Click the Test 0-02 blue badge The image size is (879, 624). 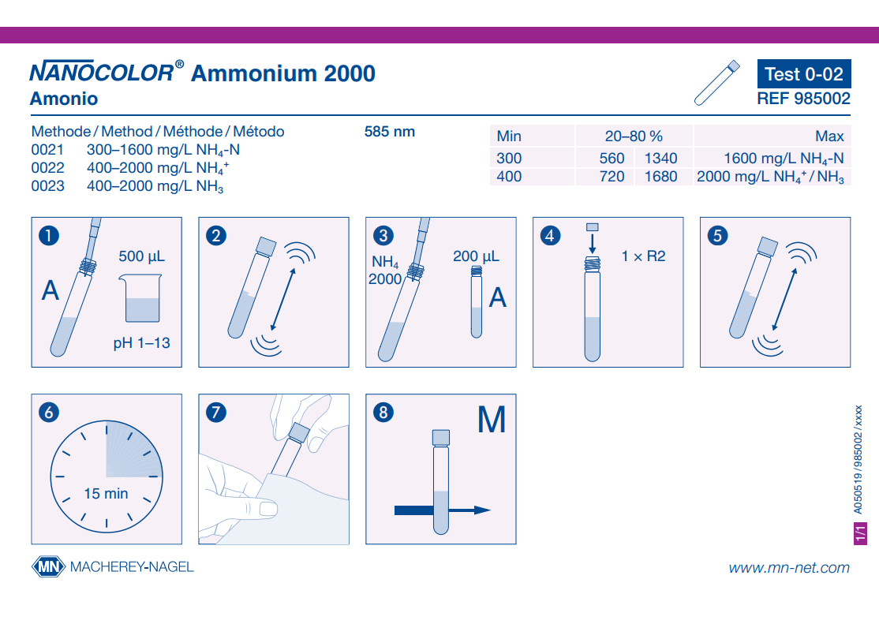[804, 74]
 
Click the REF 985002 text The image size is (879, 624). [803, 99]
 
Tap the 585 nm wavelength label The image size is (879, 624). [389, 132]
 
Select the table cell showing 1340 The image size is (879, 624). [660, 159]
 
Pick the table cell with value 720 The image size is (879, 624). [612, 177]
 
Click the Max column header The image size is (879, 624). [829, 136]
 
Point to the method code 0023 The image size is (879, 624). [47, 187]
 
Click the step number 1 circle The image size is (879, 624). [49, 234]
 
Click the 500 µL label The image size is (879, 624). [142, 256]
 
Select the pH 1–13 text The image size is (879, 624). [141, 343]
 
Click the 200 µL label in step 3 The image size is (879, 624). [476, 256]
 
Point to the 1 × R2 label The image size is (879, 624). [643, 256]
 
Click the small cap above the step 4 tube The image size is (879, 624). [593, 227]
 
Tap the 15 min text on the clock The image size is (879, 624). [106, 494]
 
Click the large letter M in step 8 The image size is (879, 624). [491, 420]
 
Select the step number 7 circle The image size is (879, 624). [216, 412]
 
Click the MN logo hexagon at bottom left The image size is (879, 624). [47, 566]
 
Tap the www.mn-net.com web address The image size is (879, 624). [789, 567]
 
